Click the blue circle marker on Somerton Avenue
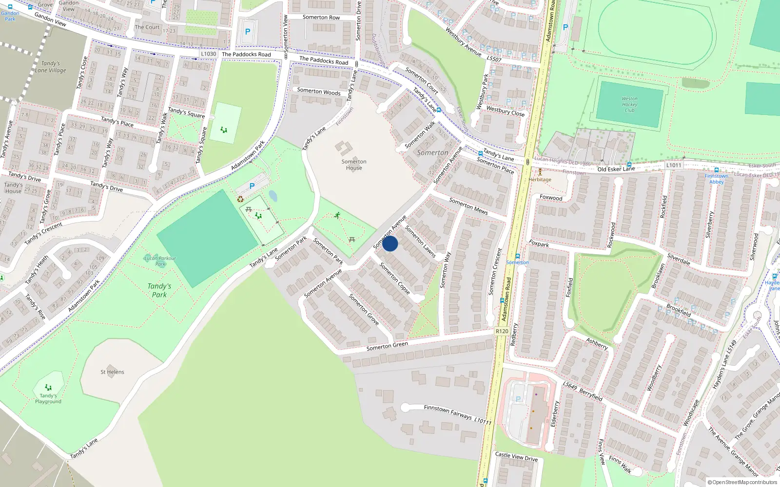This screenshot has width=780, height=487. coord(390,243)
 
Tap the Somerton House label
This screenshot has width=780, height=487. coord(354,165)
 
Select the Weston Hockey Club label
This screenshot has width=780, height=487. coord(629,104)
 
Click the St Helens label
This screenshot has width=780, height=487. coord(112,372)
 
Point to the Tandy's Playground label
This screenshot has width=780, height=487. coord(48,398)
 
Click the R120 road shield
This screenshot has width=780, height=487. coord(502,331)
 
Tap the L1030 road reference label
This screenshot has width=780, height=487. coord(209,54)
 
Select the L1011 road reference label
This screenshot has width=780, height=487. coord(673,165)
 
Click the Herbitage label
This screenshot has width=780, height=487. coord(540,179)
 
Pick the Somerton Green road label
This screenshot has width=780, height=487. coord(387,346)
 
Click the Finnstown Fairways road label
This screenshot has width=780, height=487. coord(448,412)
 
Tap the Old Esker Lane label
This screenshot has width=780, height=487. coord(616,169)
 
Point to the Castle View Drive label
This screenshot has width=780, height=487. coord(516,457)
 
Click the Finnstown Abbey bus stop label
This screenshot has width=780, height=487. coord(716,179)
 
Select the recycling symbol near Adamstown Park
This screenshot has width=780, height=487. coord(240,199)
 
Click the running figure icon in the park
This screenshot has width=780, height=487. coord(337,215)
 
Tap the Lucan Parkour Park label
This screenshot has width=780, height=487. coord(160,261)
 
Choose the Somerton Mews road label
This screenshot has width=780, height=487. coord(468,206)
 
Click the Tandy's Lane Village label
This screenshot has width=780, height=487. coord(51,67)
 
